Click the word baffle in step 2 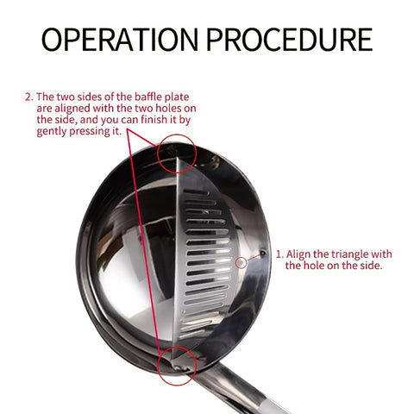click(x=152, y=98)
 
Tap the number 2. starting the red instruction click(x=28, y=98)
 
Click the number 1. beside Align click(x=279, y=254)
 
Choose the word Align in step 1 click(x=300, y=254)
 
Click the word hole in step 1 click(x=317, y=267)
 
